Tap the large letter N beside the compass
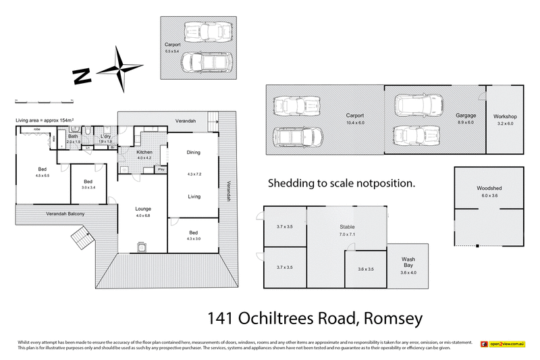click(x=82, y=75)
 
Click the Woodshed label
click(x=488, y=188)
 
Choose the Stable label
click(x=347, y=227)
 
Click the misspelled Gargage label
click(x=466, y=115)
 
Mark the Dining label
click(x=193, y=153)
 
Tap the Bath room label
click(x=73, y=136)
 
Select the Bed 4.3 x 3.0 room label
click(x=193, y=232)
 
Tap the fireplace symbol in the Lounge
click(x=142, y=247)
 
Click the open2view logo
click(x=502, y=344)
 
